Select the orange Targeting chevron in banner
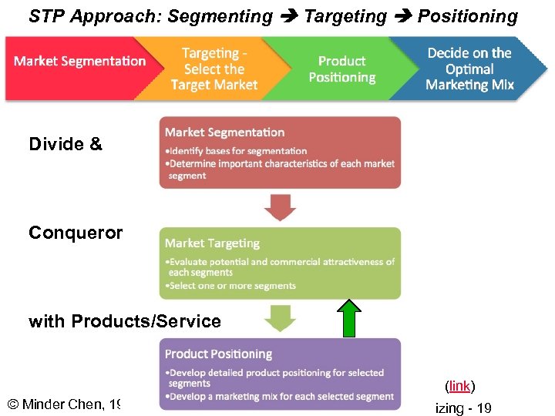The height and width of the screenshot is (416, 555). pyautogui.click(x=214, y=69)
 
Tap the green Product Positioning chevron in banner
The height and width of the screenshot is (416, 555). pyautogui.click(x=341, y=69)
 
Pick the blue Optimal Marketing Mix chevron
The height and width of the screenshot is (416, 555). pyautogui.click(x=469, y=69)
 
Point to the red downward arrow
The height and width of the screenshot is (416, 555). pyautogui.click(x=280, y=207)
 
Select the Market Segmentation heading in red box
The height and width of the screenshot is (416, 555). pyautogui.click(x=224, y=133)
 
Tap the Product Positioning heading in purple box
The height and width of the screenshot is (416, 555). pyautogui.click(x=218, y=354)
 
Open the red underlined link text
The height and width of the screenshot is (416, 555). pyautogui.click(x=459, y=385)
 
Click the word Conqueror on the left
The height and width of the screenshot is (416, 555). pyautogui.click(x=75, y=233)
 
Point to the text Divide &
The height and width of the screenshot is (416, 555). pyautogui.click(x=66, y=144)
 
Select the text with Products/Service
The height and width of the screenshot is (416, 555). pyautogui.click(x=125, y=321)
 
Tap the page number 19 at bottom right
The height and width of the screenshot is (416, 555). pyautogui.click(x=483, y=408)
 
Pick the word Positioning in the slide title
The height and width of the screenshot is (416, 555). pyautogui.click(x=468, y=16)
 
